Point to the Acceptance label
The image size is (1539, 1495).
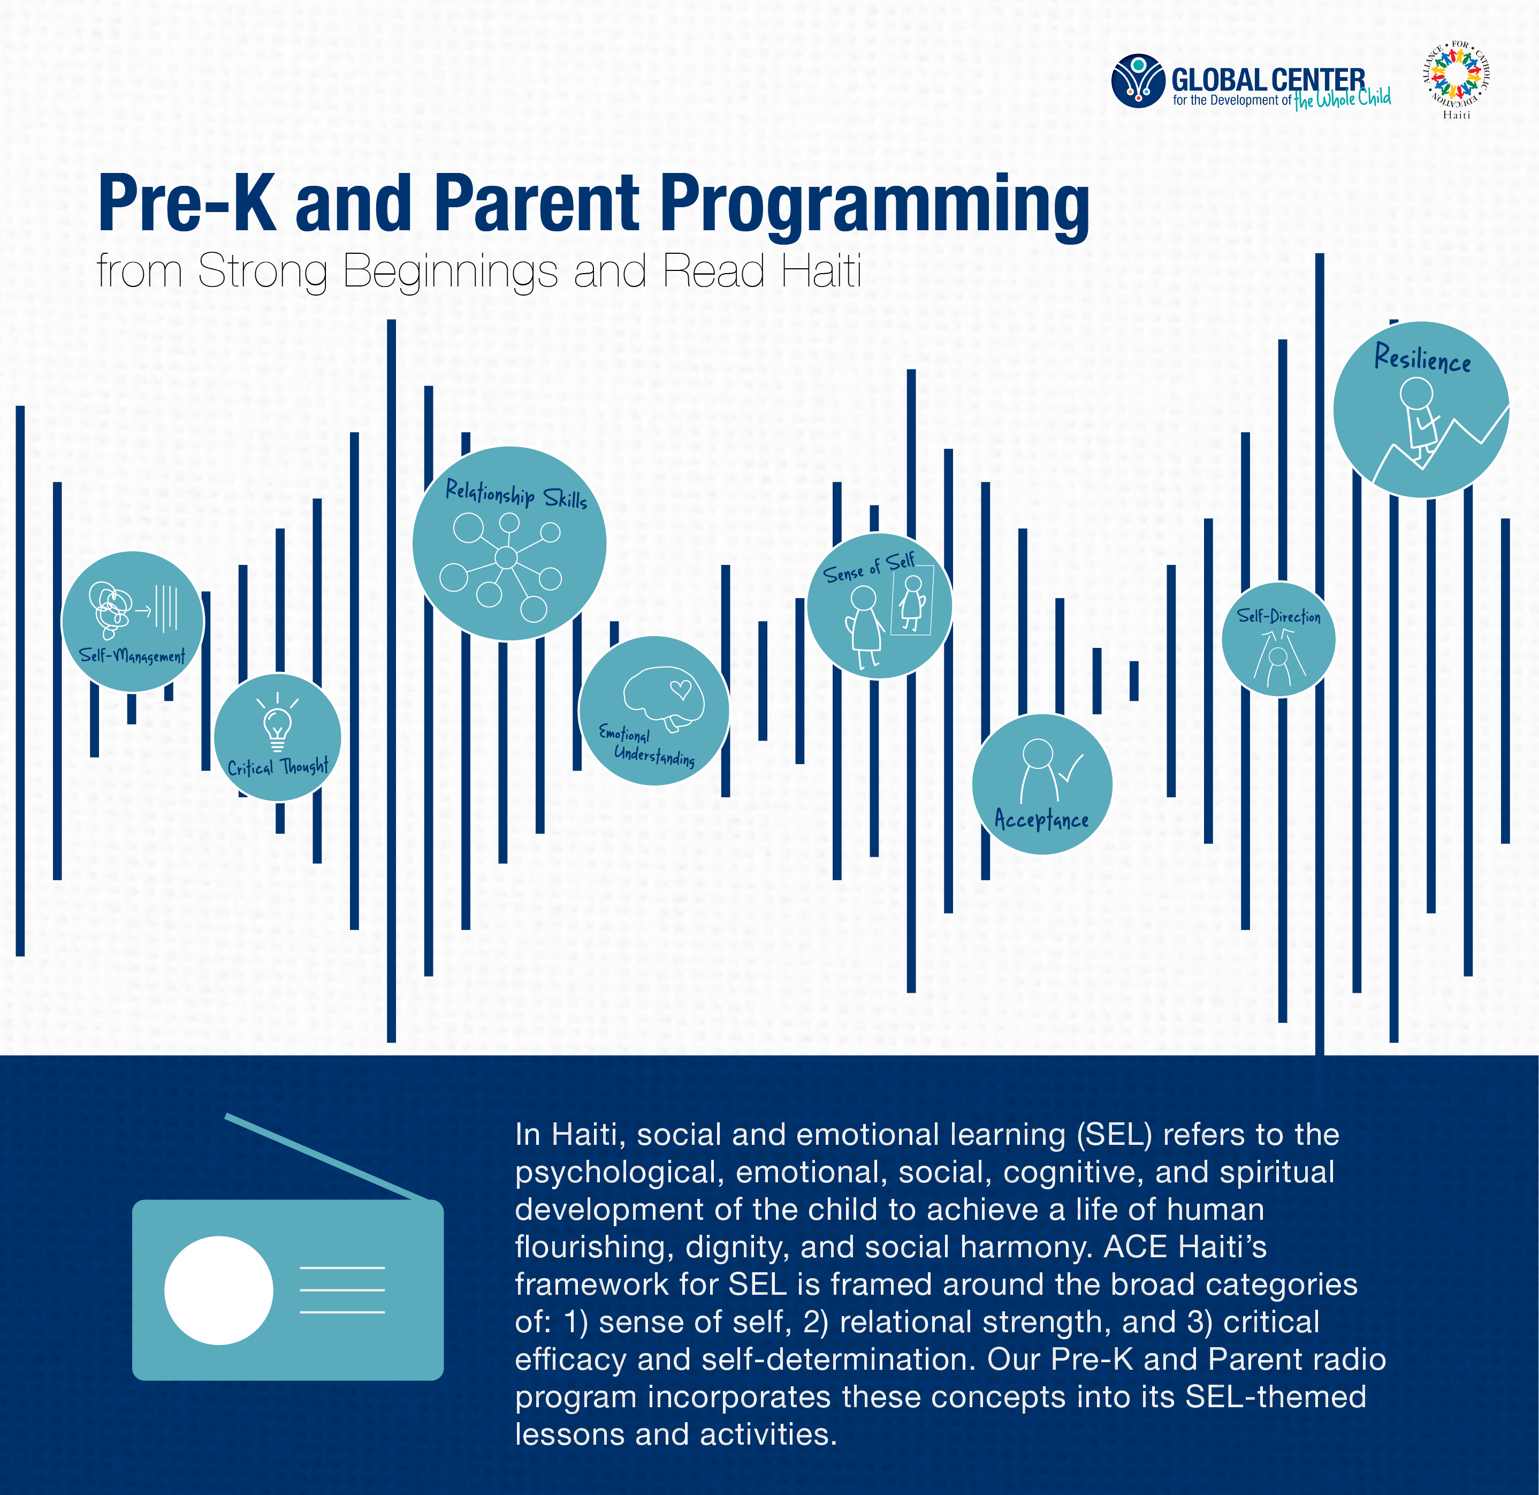tap(1042, 819)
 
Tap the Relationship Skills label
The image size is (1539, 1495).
tap(516, 495)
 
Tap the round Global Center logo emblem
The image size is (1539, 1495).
tap(1138, 80)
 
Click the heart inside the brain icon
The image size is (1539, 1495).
tap(680, 690)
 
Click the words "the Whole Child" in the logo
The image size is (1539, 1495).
tap(1342, 98)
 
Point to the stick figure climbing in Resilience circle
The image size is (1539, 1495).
tap(1419, 418)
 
